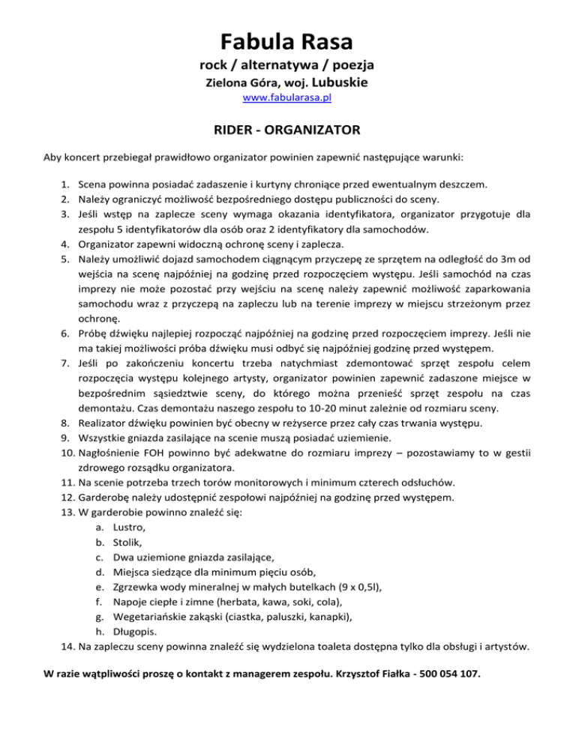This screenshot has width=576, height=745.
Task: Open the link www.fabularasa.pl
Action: click(288, 98)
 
